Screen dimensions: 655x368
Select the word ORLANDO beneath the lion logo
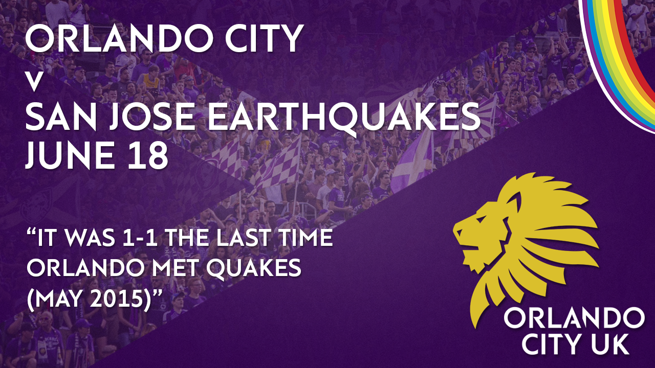coord(574,319)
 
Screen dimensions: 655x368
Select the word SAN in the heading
coord(61,117)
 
